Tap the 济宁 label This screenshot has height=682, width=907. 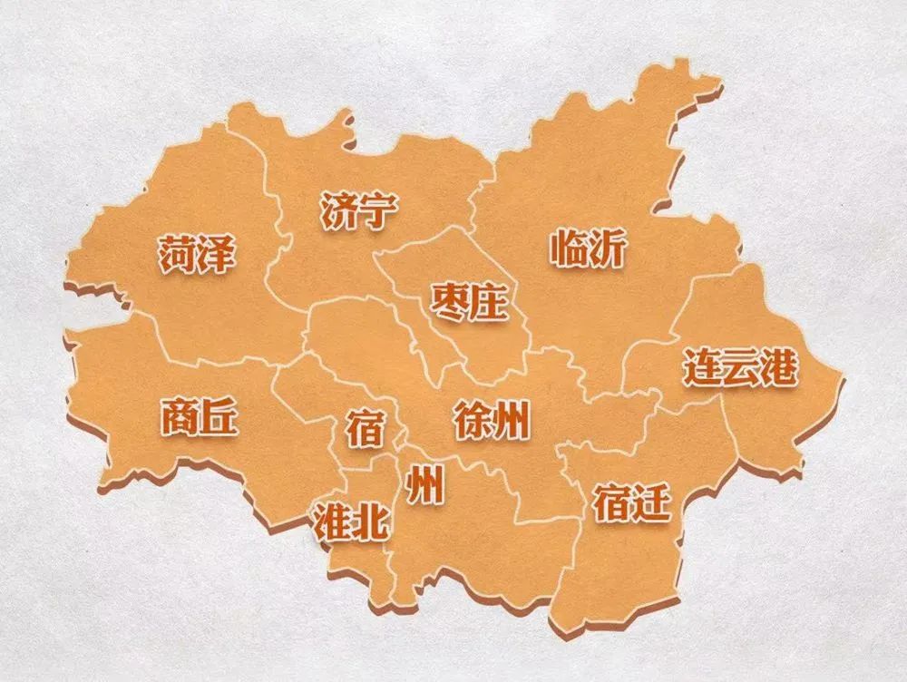pos(359,210)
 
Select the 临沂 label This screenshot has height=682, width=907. pos(588,248)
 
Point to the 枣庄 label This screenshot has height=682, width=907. pos(468,302)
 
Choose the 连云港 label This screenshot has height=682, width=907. pos(740,368)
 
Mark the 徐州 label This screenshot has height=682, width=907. pos(492,421)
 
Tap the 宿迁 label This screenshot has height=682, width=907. pos(632,502)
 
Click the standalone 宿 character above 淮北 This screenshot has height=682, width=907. pos(365,427)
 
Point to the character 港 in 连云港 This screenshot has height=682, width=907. pos(778,368)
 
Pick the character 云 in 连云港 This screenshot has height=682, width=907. pos(740,368)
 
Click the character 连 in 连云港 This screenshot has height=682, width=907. pos(702,368)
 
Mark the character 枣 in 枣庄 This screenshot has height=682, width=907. pos(449,302)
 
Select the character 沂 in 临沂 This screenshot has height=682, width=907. pos(607,248)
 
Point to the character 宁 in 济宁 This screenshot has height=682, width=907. pos(378,210)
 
